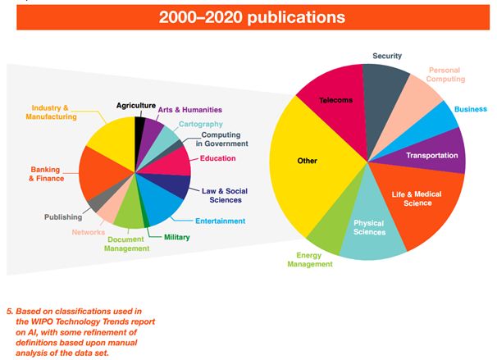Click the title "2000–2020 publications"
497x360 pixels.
[x=248, y=16]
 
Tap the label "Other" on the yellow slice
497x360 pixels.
[x=307, y=161]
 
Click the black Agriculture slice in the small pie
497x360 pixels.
[x=140, y=128]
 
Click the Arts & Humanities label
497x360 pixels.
[x=190, y=110]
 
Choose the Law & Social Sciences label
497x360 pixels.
[x=224, y=194]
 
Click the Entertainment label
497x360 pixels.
[x=220, y=221]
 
